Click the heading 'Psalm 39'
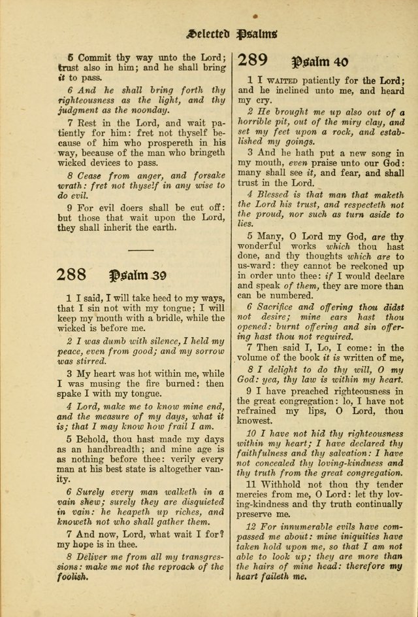coord(142,275)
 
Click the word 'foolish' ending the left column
coord(71,577)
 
